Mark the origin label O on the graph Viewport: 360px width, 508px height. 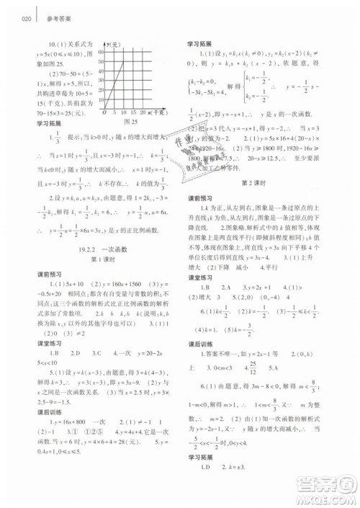coord(104,113)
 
